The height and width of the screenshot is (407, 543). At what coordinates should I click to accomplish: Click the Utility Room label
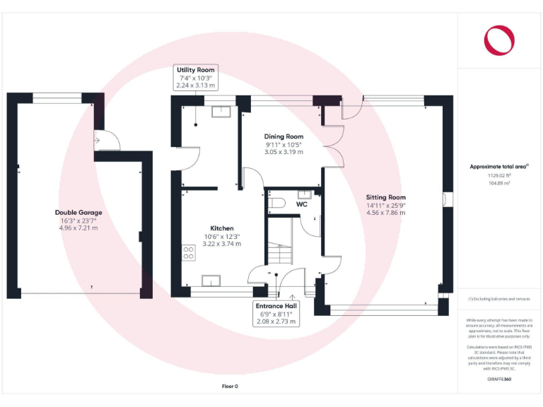click(x=196, y=70)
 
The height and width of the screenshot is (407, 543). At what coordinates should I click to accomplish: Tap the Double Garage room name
click(x=78, y=212)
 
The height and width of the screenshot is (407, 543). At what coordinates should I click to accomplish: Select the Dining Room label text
click(x=284, y=136)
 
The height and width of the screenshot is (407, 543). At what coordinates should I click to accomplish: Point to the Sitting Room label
click(x=385, y=197)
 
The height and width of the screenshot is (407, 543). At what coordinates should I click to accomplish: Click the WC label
click(x=301, y=204)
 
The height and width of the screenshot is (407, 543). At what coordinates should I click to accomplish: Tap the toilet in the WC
click(x=276, y=203)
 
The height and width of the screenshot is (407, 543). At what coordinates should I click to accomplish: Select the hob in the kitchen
click(x=189, y=252)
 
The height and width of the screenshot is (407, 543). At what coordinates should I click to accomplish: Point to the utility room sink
click(x=223, y=110)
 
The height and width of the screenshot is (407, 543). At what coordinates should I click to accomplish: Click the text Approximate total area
click(x=498, y=167)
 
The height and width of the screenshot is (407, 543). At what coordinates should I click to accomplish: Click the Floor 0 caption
click(x=230, y=386)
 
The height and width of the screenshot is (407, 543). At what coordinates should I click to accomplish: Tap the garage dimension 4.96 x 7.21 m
click(x=78, y=228)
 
